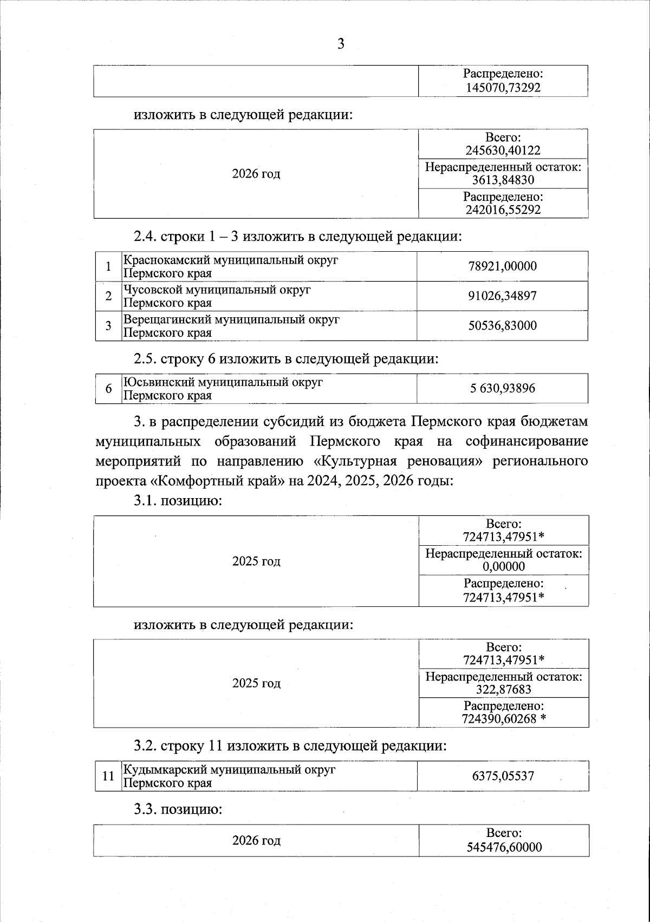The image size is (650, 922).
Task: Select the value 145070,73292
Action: (x=503, y=88)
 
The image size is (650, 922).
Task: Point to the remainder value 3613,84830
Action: (x=503, y=180)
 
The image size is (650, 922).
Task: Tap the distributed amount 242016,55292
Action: (x=503, y=210)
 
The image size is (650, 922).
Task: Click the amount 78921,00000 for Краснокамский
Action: (x=503, y=266)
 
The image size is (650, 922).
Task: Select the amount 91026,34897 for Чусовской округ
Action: (x=503, y=296)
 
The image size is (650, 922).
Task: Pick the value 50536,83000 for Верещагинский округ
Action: (x=503, y=326)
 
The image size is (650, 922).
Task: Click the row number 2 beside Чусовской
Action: (x=108, y=296)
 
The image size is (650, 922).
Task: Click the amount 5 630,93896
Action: (x=503, y=388)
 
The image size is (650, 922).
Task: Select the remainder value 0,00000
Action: (x=503, y=567)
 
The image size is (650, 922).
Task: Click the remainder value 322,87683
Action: (x=503, y=689)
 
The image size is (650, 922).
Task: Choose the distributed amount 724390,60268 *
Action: (x=503, y=718)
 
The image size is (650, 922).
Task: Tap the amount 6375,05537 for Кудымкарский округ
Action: (x=503, y=776)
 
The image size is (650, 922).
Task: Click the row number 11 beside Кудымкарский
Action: (x=108, y=776)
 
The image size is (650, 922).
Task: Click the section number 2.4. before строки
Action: (x=146, y=237)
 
